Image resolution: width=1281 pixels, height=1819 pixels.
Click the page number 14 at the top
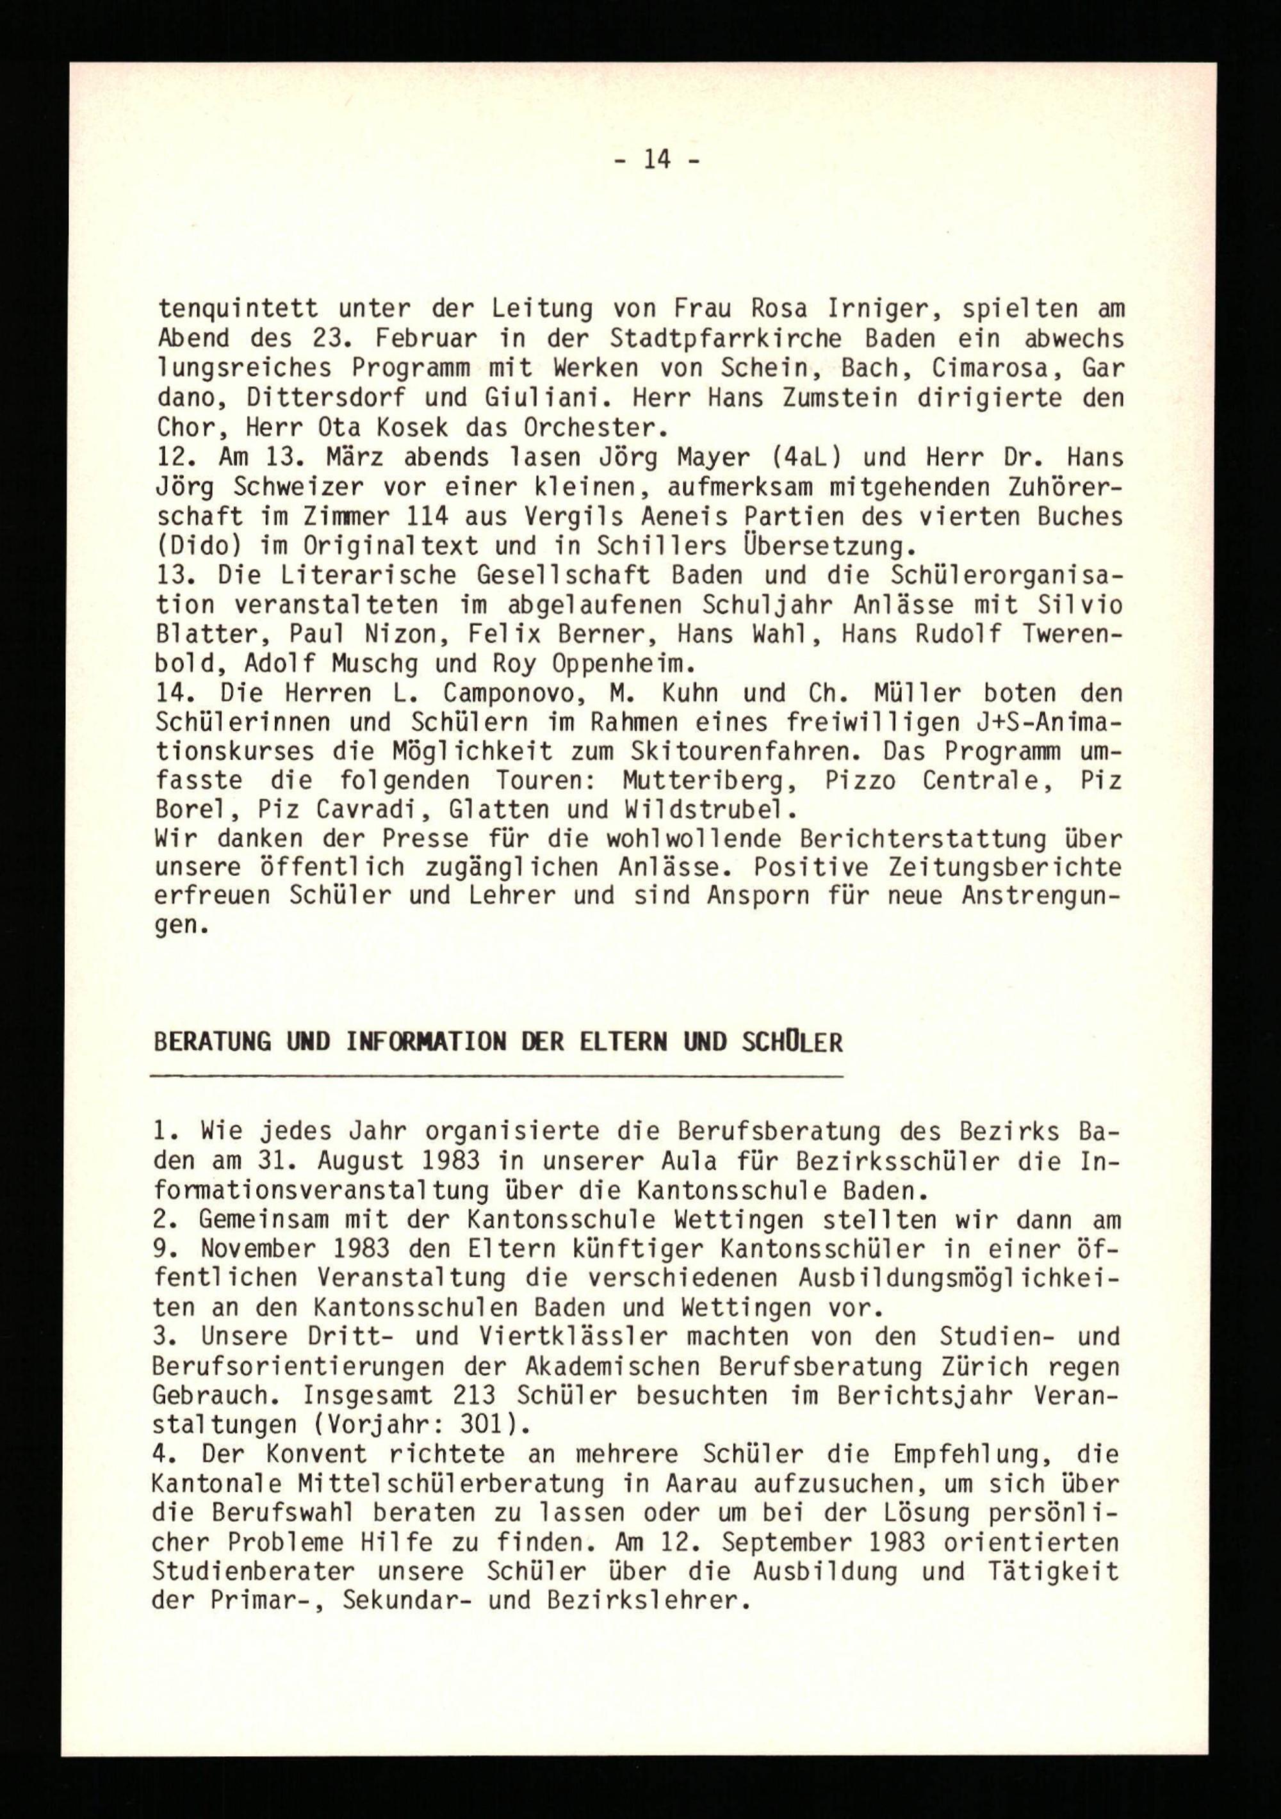click(x=656, y=160)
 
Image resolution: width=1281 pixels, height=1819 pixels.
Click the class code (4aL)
click(x=826, y=457)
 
